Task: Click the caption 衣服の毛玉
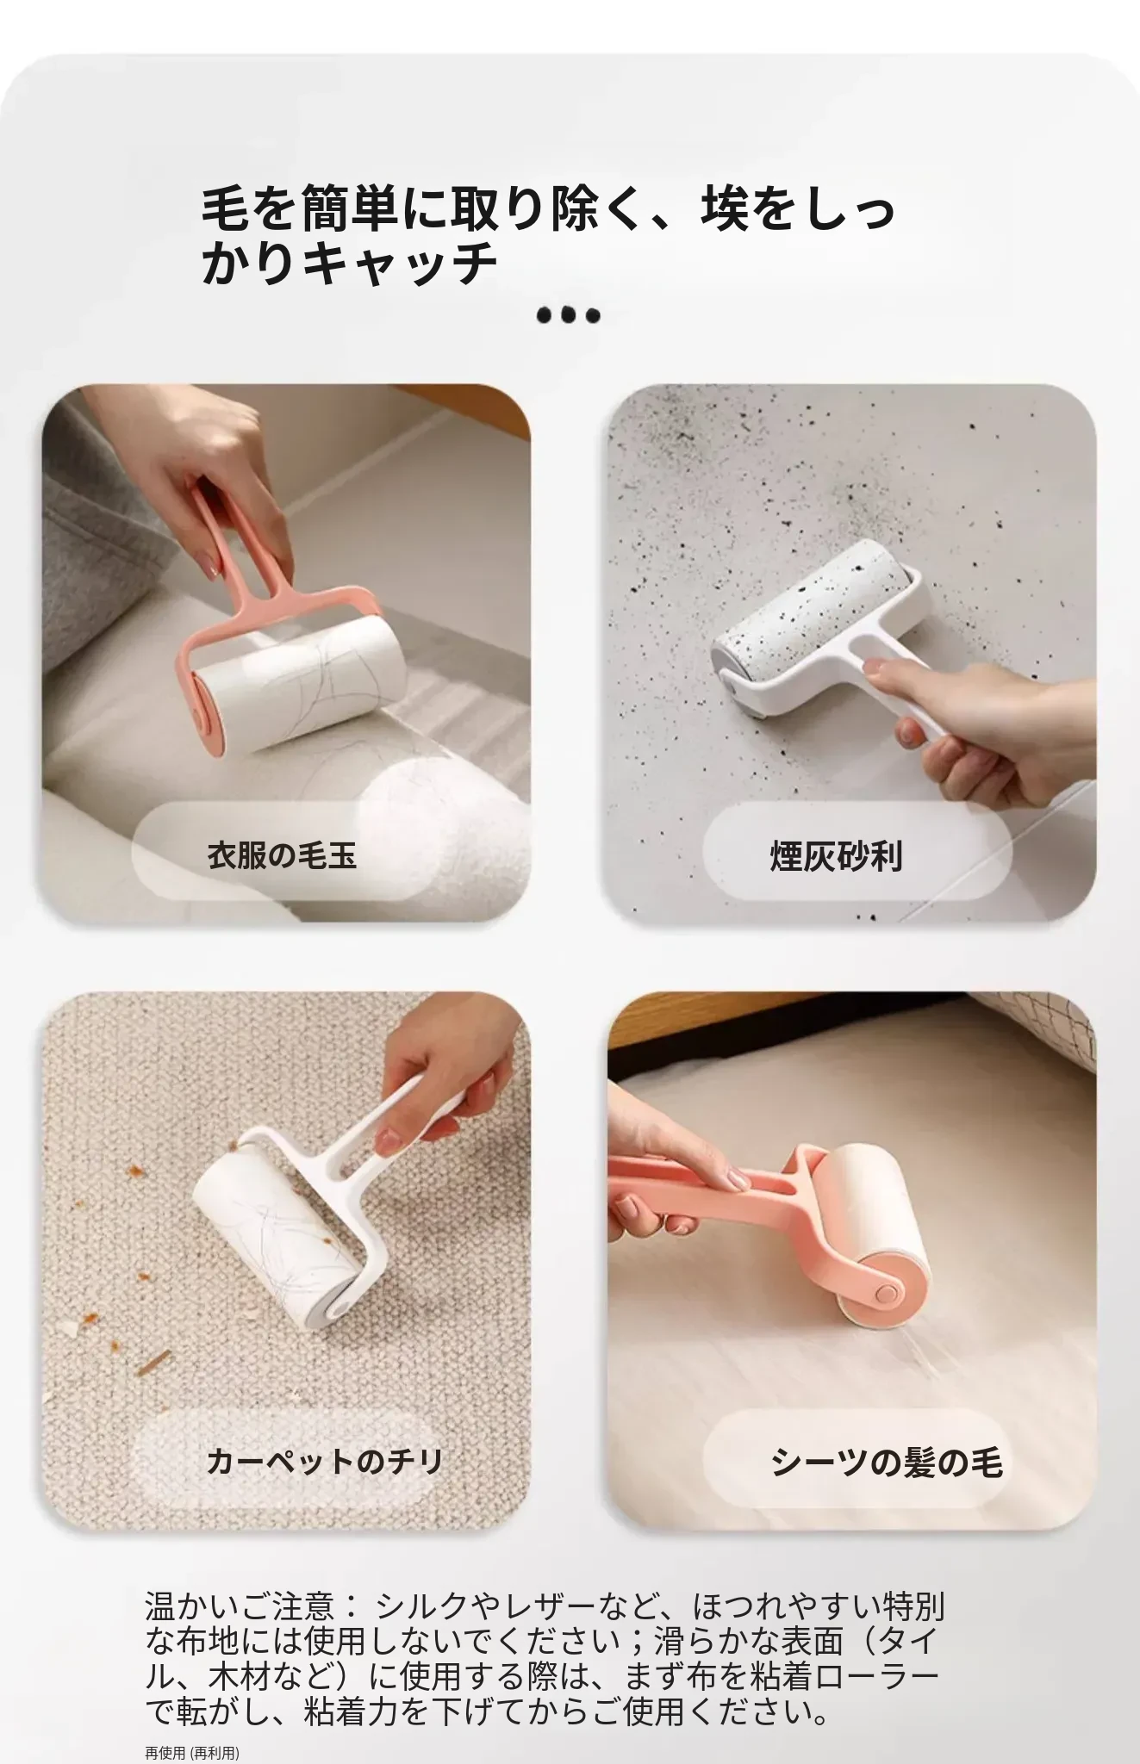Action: click(x=282, y=855)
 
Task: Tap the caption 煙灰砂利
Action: click(x=836, y=856)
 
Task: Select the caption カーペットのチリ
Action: click(x=325, y=1461)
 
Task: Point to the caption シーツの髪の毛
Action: click(x=887, y=1462)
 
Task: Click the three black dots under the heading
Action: click(x=568, y=315)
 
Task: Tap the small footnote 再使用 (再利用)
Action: click(x=192, y=1753)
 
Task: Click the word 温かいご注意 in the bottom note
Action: click(x=239, y=1606)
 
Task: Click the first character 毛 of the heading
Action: click(x=226, y=209)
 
